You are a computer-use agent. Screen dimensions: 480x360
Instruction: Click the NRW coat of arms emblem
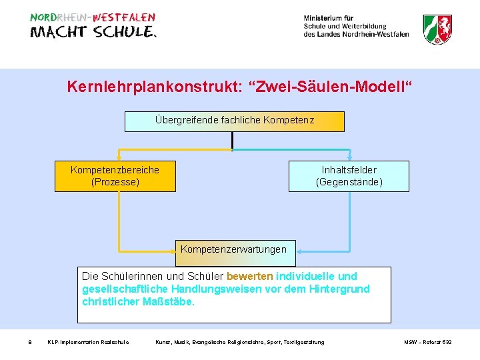[x=437, y=29]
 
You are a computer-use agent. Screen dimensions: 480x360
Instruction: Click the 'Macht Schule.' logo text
[x=93, y=33]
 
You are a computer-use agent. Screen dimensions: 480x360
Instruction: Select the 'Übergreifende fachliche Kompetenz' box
[x=235, y=121]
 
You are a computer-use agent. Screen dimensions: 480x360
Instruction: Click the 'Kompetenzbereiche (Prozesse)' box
[x=115, y=176]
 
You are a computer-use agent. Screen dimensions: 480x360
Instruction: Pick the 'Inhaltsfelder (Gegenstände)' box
[x=349, y=176]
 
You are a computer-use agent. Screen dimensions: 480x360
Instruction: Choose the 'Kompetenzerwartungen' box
[x=233, y=249]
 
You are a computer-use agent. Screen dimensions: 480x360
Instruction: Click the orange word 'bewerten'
[x=249, y=276]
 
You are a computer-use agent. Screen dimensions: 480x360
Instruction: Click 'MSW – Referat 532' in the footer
[x=427, y=342]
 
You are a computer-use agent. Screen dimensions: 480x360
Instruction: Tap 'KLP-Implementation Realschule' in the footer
[x=88, y=342]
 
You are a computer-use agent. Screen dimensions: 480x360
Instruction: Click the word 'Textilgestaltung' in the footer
[x=303, y=342]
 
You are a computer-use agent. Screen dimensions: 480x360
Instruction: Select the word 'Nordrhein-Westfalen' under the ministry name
[x=377, y=34]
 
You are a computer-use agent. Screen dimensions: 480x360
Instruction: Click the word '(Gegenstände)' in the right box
[x=349, y=182]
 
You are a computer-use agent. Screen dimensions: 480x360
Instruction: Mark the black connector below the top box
[x=232, y=140]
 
